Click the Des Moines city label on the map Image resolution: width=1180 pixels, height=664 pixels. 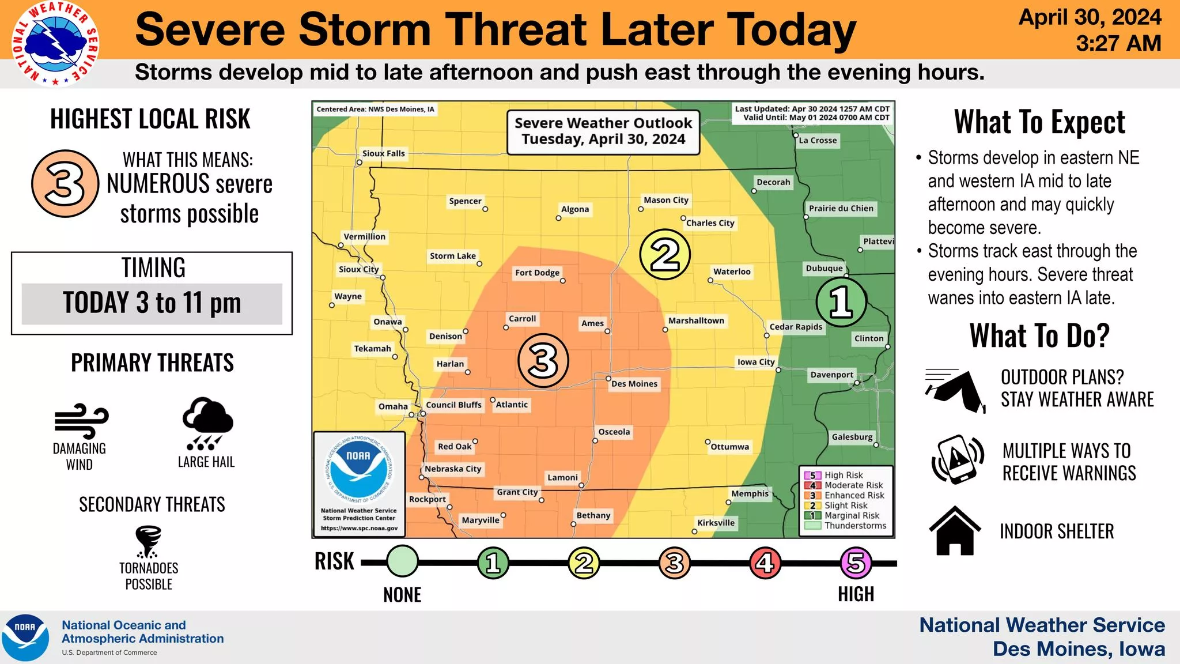tap(634, 384)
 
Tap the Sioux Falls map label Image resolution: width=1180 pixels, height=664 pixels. tap(383, 153)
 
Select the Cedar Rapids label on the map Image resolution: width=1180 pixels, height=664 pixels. tap(796, 327)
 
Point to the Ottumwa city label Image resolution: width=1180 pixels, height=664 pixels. tap(729, 447)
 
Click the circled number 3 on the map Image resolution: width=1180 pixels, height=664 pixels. tap(543, 361)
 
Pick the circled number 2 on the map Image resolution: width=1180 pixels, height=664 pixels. tap(665, 254)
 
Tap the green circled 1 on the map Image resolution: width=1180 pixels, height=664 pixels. tap(841, 301)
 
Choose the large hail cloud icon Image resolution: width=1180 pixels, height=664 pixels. tap(207, 423)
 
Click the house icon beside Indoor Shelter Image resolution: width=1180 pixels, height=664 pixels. tap(955, 530)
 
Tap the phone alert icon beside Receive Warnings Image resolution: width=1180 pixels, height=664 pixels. tap(957, 459)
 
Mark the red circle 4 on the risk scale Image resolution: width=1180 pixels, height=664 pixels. tap(765, 563)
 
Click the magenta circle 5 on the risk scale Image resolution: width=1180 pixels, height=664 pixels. tap(856, 563)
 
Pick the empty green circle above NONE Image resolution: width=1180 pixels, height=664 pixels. tap(402, 561)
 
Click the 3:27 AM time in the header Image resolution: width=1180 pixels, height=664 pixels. tap(1118, 44)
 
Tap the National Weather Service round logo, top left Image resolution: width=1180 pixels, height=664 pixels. tap(55, 44)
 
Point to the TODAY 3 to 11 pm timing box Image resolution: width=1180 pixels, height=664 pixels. tap(152, 304)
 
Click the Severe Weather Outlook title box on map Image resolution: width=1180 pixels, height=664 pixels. tap(603, 132)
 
